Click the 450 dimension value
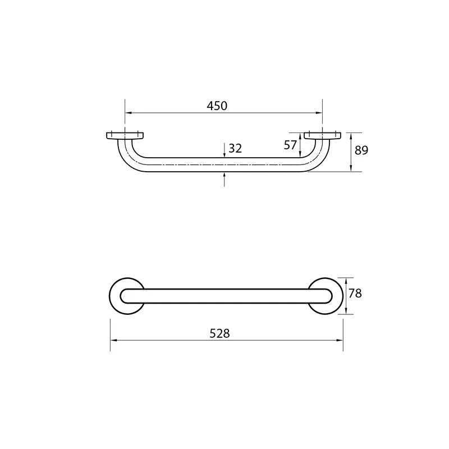coord(217,106)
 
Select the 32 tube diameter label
coord(235,148)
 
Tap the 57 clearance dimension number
coord(290,145)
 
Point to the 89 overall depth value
coord(361,150)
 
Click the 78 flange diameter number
coord(355,294)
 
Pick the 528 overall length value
coord(219,333)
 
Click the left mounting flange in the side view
coord(125,136)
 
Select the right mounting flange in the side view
coord(322,136)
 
